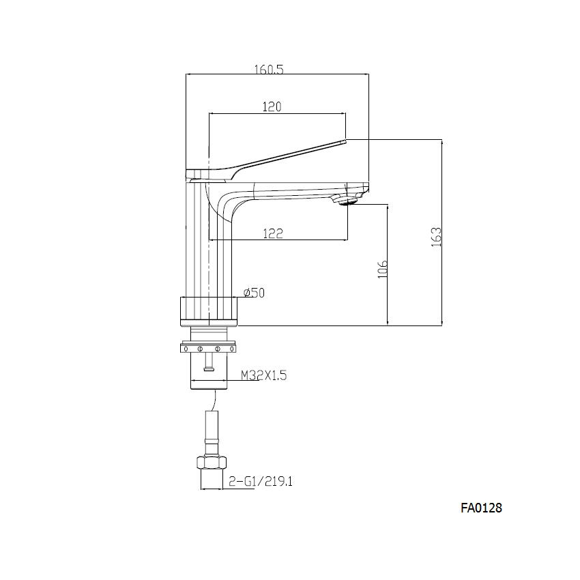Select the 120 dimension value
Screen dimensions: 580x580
272,106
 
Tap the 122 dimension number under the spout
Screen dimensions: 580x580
273,233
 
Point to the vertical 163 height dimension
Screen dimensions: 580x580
437,236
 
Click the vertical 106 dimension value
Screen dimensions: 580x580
383,268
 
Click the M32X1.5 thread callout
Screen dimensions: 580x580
262,375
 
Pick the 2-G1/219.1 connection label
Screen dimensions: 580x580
260,482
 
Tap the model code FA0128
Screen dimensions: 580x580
481,508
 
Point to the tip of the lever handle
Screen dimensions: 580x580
343,141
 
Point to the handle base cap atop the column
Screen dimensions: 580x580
205,174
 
